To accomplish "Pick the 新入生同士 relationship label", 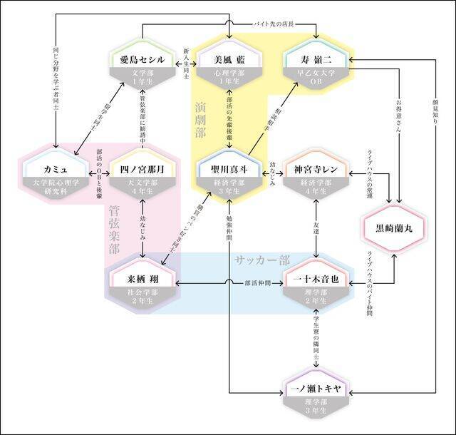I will pyautogui.click(x=187, y=66).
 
